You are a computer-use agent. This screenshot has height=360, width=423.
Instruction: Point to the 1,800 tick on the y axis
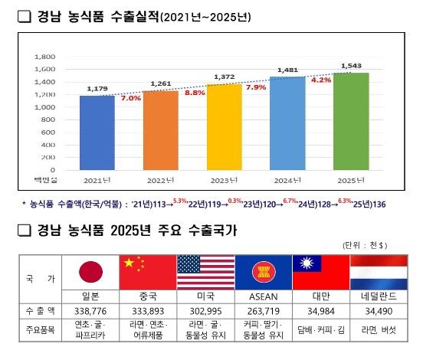click(45, 57)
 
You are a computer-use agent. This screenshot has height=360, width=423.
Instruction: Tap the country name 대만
click(320, 296)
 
